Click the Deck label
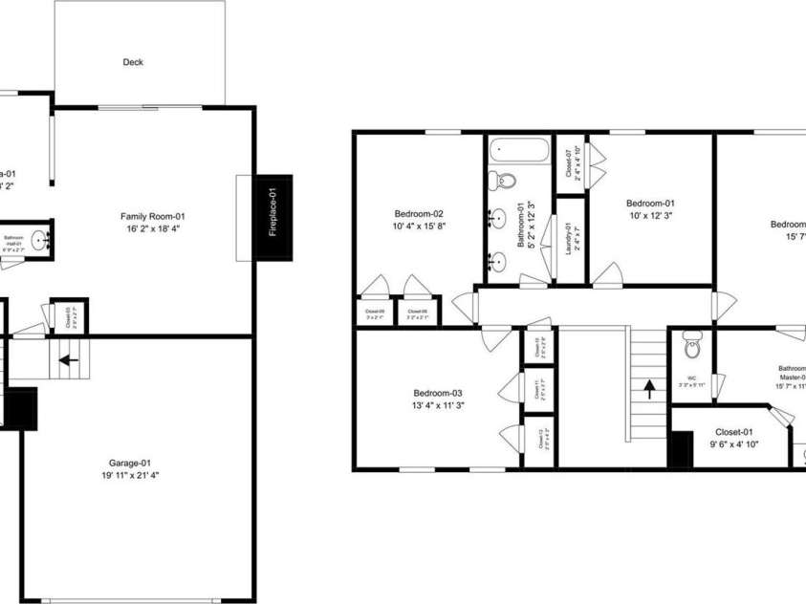[x=133, y=62]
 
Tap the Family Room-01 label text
[x=152, y=216]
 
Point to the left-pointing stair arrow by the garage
[x=68, y=361]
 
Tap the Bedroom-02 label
[x=419, y=214]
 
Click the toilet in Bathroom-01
[x=507, y=180]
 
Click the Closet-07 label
[x=569, y=164]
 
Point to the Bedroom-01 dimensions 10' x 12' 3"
[x=650, y=216]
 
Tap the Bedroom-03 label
[x=438, y=393]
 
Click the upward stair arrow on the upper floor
[x=650, y=388]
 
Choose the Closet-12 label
[x=540, y=442]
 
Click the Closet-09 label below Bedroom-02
[x=375, y=312]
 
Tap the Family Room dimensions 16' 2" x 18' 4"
[x=152, y=229]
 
